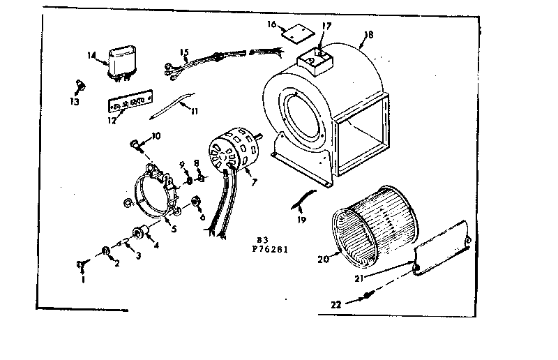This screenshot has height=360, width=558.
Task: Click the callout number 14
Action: click(x=91, y=56)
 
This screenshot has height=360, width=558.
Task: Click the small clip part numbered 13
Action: click(x=79, y=85)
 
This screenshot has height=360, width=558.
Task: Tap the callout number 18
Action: click(x=369, y=34)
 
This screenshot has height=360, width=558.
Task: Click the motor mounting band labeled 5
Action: click(x=153, y=195)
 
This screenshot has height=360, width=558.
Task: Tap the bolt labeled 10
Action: click(x=134, y=146)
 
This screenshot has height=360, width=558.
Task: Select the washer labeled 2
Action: click(x=106, y=250)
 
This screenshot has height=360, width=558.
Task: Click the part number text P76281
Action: click(x=269, y=248)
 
